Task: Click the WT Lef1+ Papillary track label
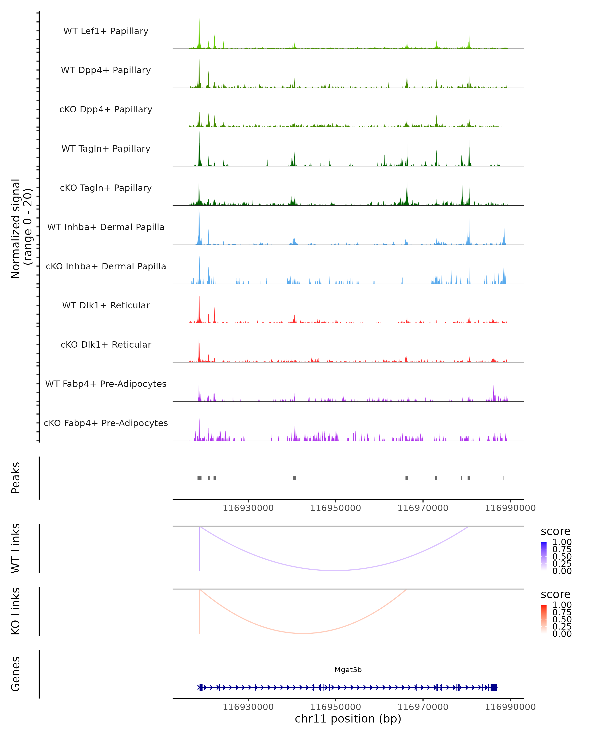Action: [x=106, y=31]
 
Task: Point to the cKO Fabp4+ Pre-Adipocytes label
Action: [x=106, y=423]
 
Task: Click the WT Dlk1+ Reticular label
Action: [x=106, y=305]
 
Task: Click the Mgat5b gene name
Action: [x=348, y=670]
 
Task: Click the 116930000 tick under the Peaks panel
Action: [x=248, y=508]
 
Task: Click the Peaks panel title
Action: [x=16, y=478]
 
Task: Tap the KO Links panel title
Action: [x=16, y=611]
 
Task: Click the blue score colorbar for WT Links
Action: [x=544, y=556]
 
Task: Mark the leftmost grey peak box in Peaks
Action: [x=200, y=478]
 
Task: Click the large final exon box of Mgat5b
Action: [x=494, y=687]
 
